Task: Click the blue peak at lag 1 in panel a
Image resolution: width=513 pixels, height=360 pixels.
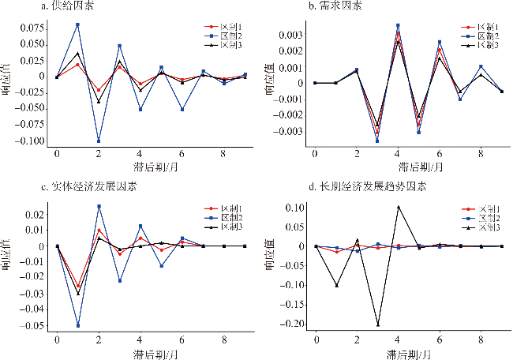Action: click(77, 24)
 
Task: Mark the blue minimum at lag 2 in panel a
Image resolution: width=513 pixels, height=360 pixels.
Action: click(99, 141)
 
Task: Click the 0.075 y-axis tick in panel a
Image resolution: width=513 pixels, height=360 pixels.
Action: click(32, 28)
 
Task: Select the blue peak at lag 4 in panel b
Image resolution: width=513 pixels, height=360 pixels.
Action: click(398, 25)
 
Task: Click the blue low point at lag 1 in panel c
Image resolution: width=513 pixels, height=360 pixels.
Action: click(77, 325)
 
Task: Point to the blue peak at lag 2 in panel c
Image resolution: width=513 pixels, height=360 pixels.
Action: click(99, 206)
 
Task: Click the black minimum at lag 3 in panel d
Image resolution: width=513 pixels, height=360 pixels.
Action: click(378, 324)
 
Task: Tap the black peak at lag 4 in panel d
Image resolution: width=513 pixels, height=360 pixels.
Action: click(399, 207)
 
